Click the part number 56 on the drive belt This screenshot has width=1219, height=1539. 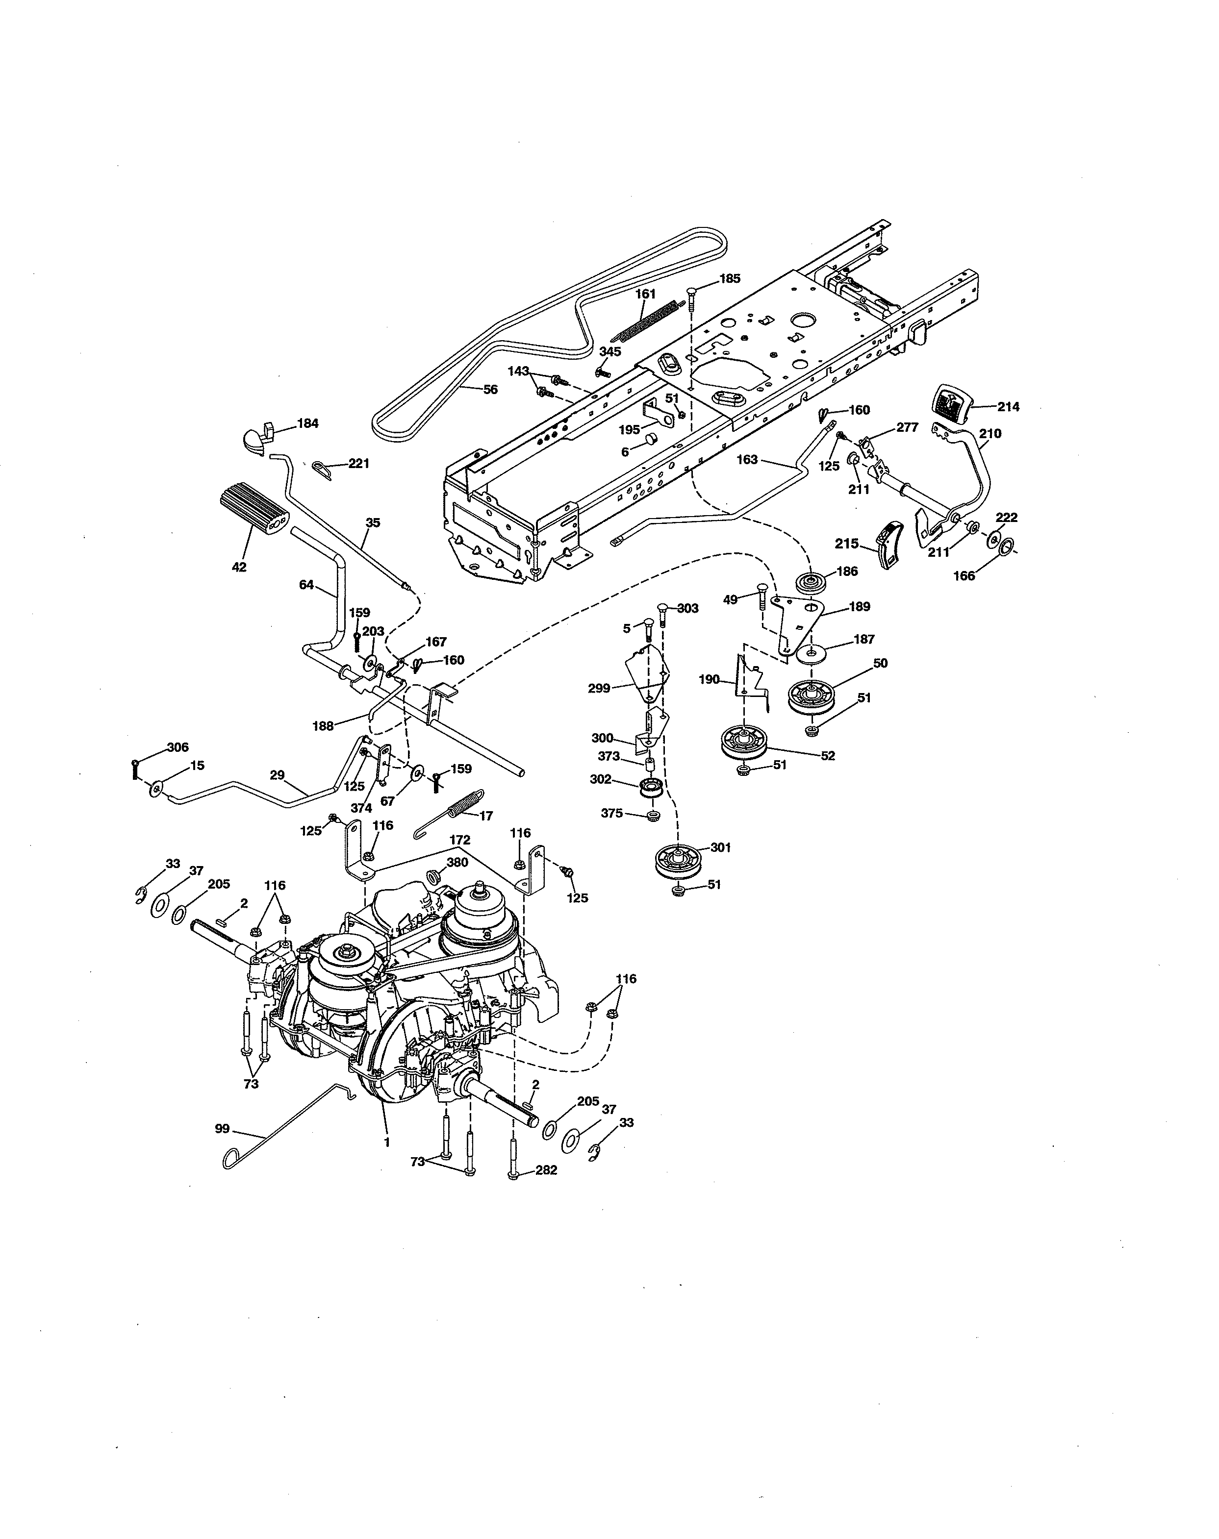pyautogui.click(x=490, y=390)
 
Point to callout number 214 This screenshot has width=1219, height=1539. pyautogui.click(x=1009, y=407)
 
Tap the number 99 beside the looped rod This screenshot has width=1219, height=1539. pyautogui.click(x=223, y=1128)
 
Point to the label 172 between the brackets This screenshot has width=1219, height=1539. pyautogui.click(x=460, y=843)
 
